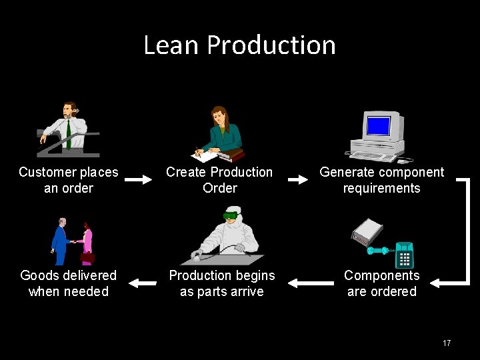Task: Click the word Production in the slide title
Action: [x=271, y=45]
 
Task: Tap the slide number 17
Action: [x=447, y=343]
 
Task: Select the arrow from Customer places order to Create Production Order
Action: [x=139, y=180]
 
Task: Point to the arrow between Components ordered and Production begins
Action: [x=311, y=283]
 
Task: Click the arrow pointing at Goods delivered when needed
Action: [x=141, y=283]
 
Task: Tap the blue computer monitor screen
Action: [x=378, y=125]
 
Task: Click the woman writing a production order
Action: [x=220, y=131]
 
